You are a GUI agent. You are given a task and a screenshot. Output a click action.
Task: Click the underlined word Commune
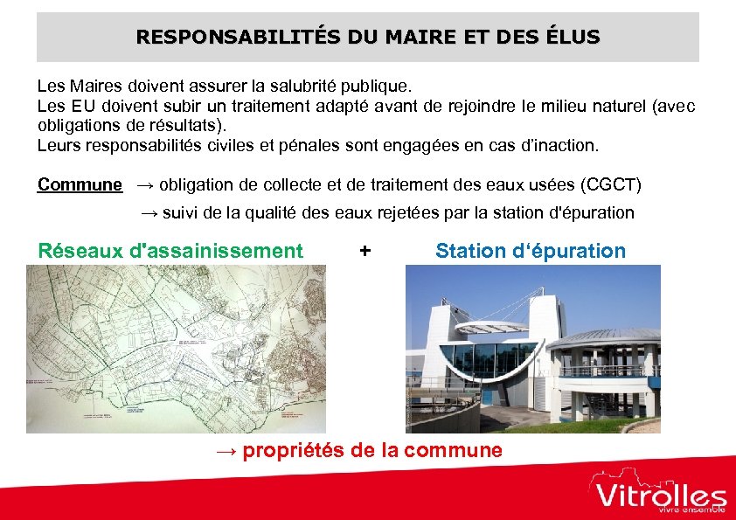(80, 184)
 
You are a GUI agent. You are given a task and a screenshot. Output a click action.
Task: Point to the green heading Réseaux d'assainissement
(170, 252)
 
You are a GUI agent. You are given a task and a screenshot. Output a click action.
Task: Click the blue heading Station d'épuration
(531, 252)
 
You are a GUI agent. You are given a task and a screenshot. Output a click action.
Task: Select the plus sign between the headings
(365, 252)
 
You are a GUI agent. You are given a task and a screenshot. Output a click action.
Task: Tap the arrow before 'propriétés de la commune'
(226, 451)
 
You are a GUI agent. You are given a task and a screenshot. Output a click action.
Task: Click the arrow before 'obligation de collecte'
(146, 184)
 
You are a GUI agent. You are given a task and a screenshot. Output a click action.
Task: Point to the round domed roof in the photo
(603, 336)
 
